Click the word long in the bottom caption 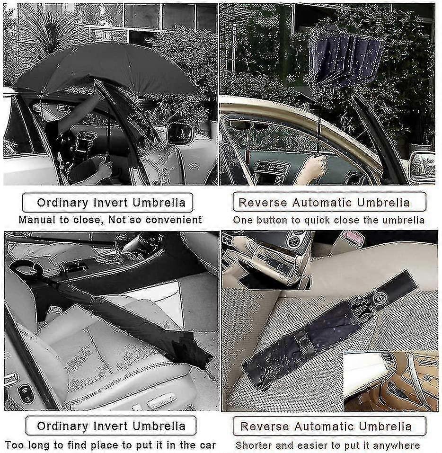click(x=42, y=445)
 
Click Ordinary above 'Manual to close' click(x=62, y=203)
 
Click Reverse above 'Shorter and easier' click(x=265, y=426)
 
